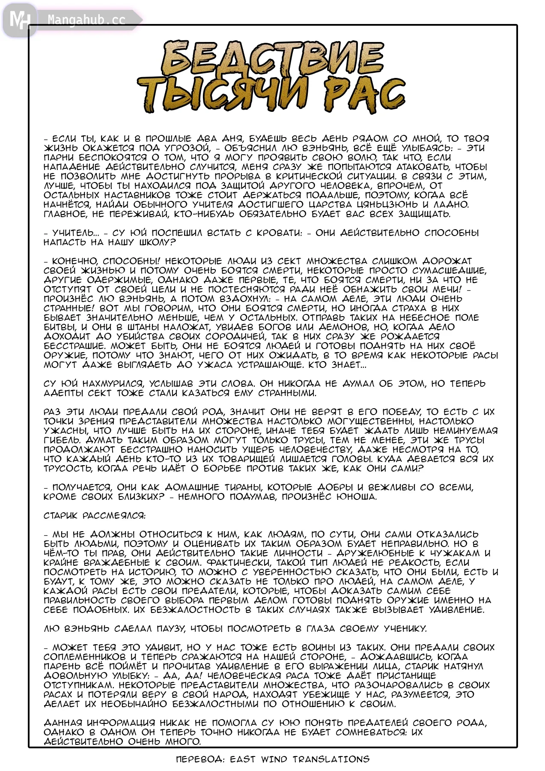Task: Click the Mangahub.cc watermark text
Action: [x=86, y=20]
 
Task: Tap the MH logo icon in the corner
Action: [x=19, y=20]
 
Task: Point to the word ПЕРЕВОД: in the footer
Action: [x=200, y=759]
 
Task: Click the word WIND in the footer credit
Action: [x=274, y=759]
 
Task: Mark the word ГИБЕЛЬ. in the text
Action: [x=62, y=440]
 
